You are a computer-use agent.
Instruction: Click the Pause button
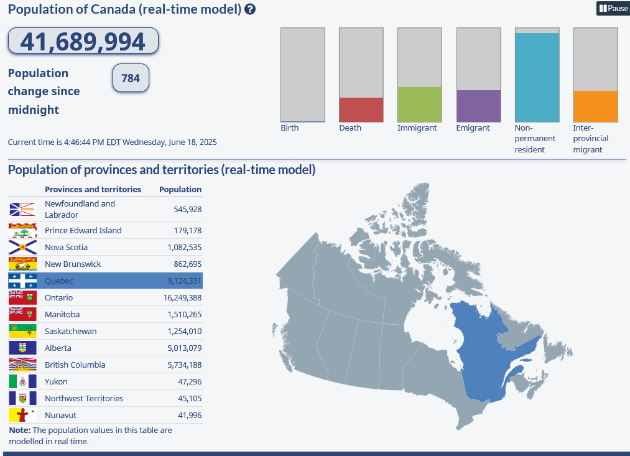[613, 9]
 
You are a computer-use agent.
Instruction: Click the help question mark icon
[250, 9]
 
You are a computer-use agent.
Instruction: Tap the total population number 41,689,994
[83, 42]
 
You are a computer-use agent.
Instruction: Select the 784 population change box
[131, 78]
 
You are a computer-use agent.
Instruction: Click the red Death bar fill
[361, 109]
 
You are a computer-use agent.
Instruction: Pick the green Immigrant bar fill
[419, 105]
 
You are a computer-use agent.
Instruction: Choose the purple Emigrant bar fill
[478, 106]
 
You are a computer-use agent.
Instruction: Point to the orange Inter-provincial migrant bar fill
[595, 106]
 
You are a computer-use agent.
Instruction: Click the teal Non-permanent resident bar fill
[537, 77]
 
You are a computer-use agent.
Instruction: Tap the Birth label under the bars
[290, 128]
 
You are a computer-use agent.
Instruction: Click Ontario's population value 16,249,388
[178, 298]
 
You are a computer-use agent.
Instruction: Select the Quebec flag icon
[22, 281]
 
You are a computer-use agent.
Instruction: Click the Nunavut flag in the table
[22, 415]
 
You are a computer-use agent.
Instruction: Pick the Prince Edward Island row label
[83, 231]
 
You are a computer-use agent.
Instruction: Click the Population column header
[180, 189]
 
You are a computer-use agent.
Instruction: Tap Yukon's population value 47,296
[189, 382]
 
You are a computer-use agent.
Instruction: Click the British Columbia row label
[75, 365]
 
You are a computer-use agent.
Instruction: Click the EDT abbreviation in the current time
[113, 142]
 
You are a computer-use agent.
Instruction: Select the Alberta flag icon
[22, 348]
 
